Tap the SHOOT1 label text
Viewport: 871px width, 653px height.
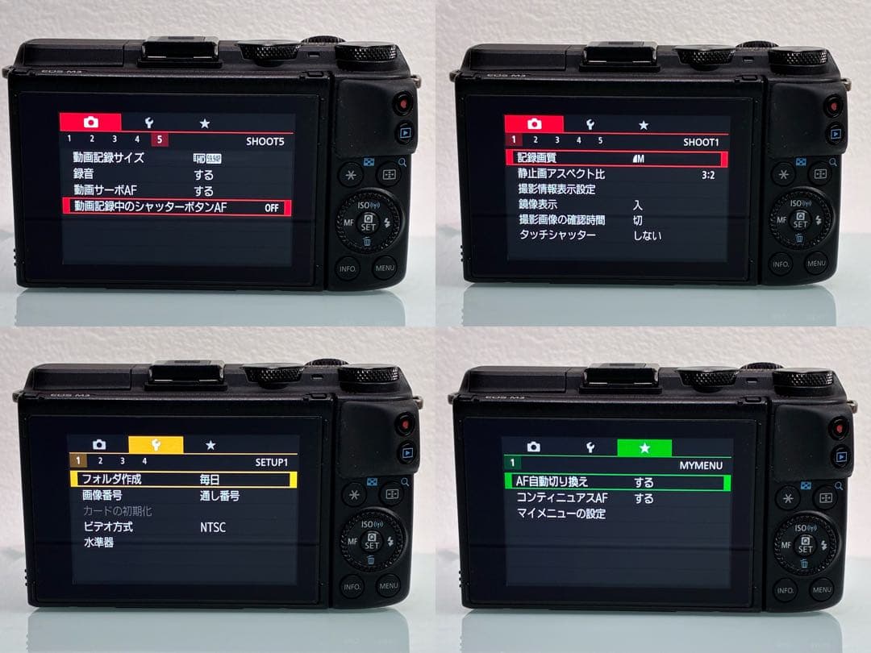click(700, 142)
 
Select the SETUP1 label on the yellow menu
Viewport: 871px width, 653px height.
click(271, 462)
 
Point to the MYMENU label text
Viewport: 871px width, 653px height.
click(701, 465)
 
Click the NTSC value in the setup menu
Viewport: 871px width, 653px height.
click(213, 527)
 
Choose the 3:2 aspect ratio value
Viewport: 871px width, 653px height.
click(708, 174)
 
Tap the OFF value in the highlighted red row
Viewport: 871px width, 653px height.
click(272, 208)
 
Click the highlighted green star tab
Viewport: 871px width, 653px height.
click(644, 447)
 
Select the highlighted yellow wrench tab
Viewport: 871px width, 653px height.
click(156, 444)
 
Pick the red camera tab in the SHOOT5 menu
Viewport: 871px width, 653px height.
click(90, 123)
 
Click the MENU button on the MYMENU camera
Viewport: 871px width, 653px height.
click(821, 590)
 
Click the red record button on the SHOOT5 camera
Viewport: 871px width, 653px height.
click(403, 104)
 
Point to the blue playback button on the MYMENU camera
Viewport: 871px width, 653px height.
click(840, 456)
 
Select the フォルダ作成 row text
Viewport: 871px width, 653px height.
click(106, 479)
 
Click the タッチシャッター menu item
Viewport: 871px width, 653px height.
click(556, 235)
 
